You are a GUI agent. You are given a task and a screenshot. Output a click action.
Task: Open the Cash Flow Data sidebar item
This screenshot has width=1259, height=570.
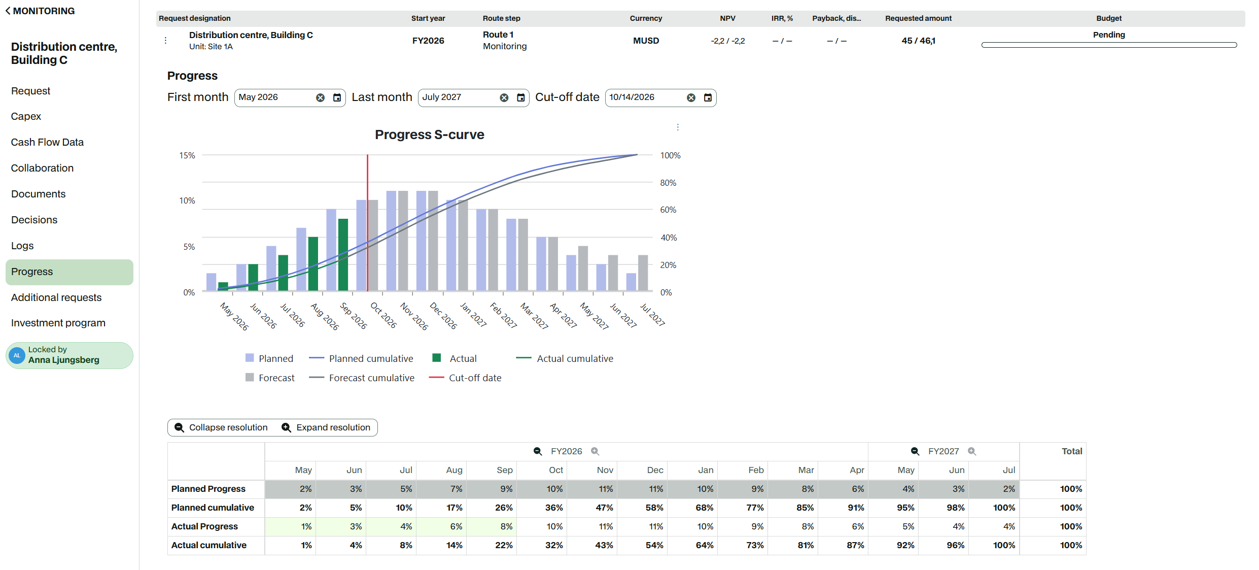(x=47, y=142)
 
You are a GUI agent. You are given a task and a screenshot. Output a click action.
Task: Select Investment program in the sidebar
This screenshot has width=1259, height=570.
(x=58, y=323)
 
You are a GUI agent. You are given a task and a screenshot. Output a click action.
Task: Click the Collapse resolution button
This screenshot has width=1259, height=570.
(x=221, y=427)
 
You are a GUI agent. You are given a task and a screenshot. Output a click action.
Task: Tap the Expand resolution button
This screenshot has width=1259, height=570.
(x=326, y=427)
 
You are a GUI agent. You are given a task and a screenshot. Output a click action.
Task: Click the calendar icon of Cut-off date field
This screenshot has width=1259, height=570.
(x=708, y=97)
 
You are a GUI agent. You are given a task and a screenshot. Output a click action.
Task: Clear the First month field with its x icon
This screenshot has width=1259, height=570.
(x=320, y=97)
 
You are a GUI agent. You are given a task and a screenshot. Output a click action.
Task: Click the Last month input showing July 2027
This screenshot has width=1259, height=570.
(x=459, y=97)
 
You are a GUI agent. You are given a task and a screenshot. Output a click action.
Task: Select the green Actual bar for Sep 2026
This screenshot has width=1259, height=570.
(x=343, y=255)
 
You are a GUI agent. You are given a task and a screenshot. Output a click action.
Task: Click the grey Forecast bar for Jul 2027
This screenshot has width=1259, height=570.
(x=643, y=273)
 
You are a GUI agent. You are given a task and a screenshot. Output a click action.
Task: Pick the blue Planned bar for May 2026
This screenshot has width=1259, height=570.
(x=211, y=282)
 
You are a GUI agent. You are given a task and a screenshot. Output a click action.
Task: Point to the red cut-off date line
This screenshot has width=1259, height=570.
(x=367, y=223)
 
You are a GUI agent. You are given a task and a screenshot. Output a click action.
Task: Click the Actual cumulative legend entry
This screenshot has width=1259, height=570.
(x=565, y=358)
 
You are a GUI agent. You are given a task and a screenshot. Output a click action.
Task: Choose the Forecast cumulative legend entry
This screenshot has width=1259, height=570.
(x=362, y=378)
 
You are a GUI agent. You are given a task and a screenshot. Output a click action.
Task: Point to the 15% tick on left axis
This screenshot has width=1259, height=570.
(x=187, y=155)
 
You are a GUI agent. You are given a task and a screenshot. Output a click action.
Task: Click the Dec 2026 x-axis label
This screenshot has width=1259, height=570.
(x=443, y=316)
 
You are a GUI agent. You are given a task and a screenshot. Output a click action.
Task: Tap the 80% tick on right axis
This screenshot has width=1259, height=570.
(x=668, y=183)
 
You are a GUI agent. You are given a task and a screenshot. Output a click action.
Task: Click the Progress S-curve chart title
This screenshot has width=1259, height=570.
(x=430, y=135)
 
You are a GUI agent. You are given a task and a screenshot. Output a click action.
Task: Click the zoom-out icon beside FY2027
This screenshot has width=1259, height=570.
(x=915, y=451)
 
